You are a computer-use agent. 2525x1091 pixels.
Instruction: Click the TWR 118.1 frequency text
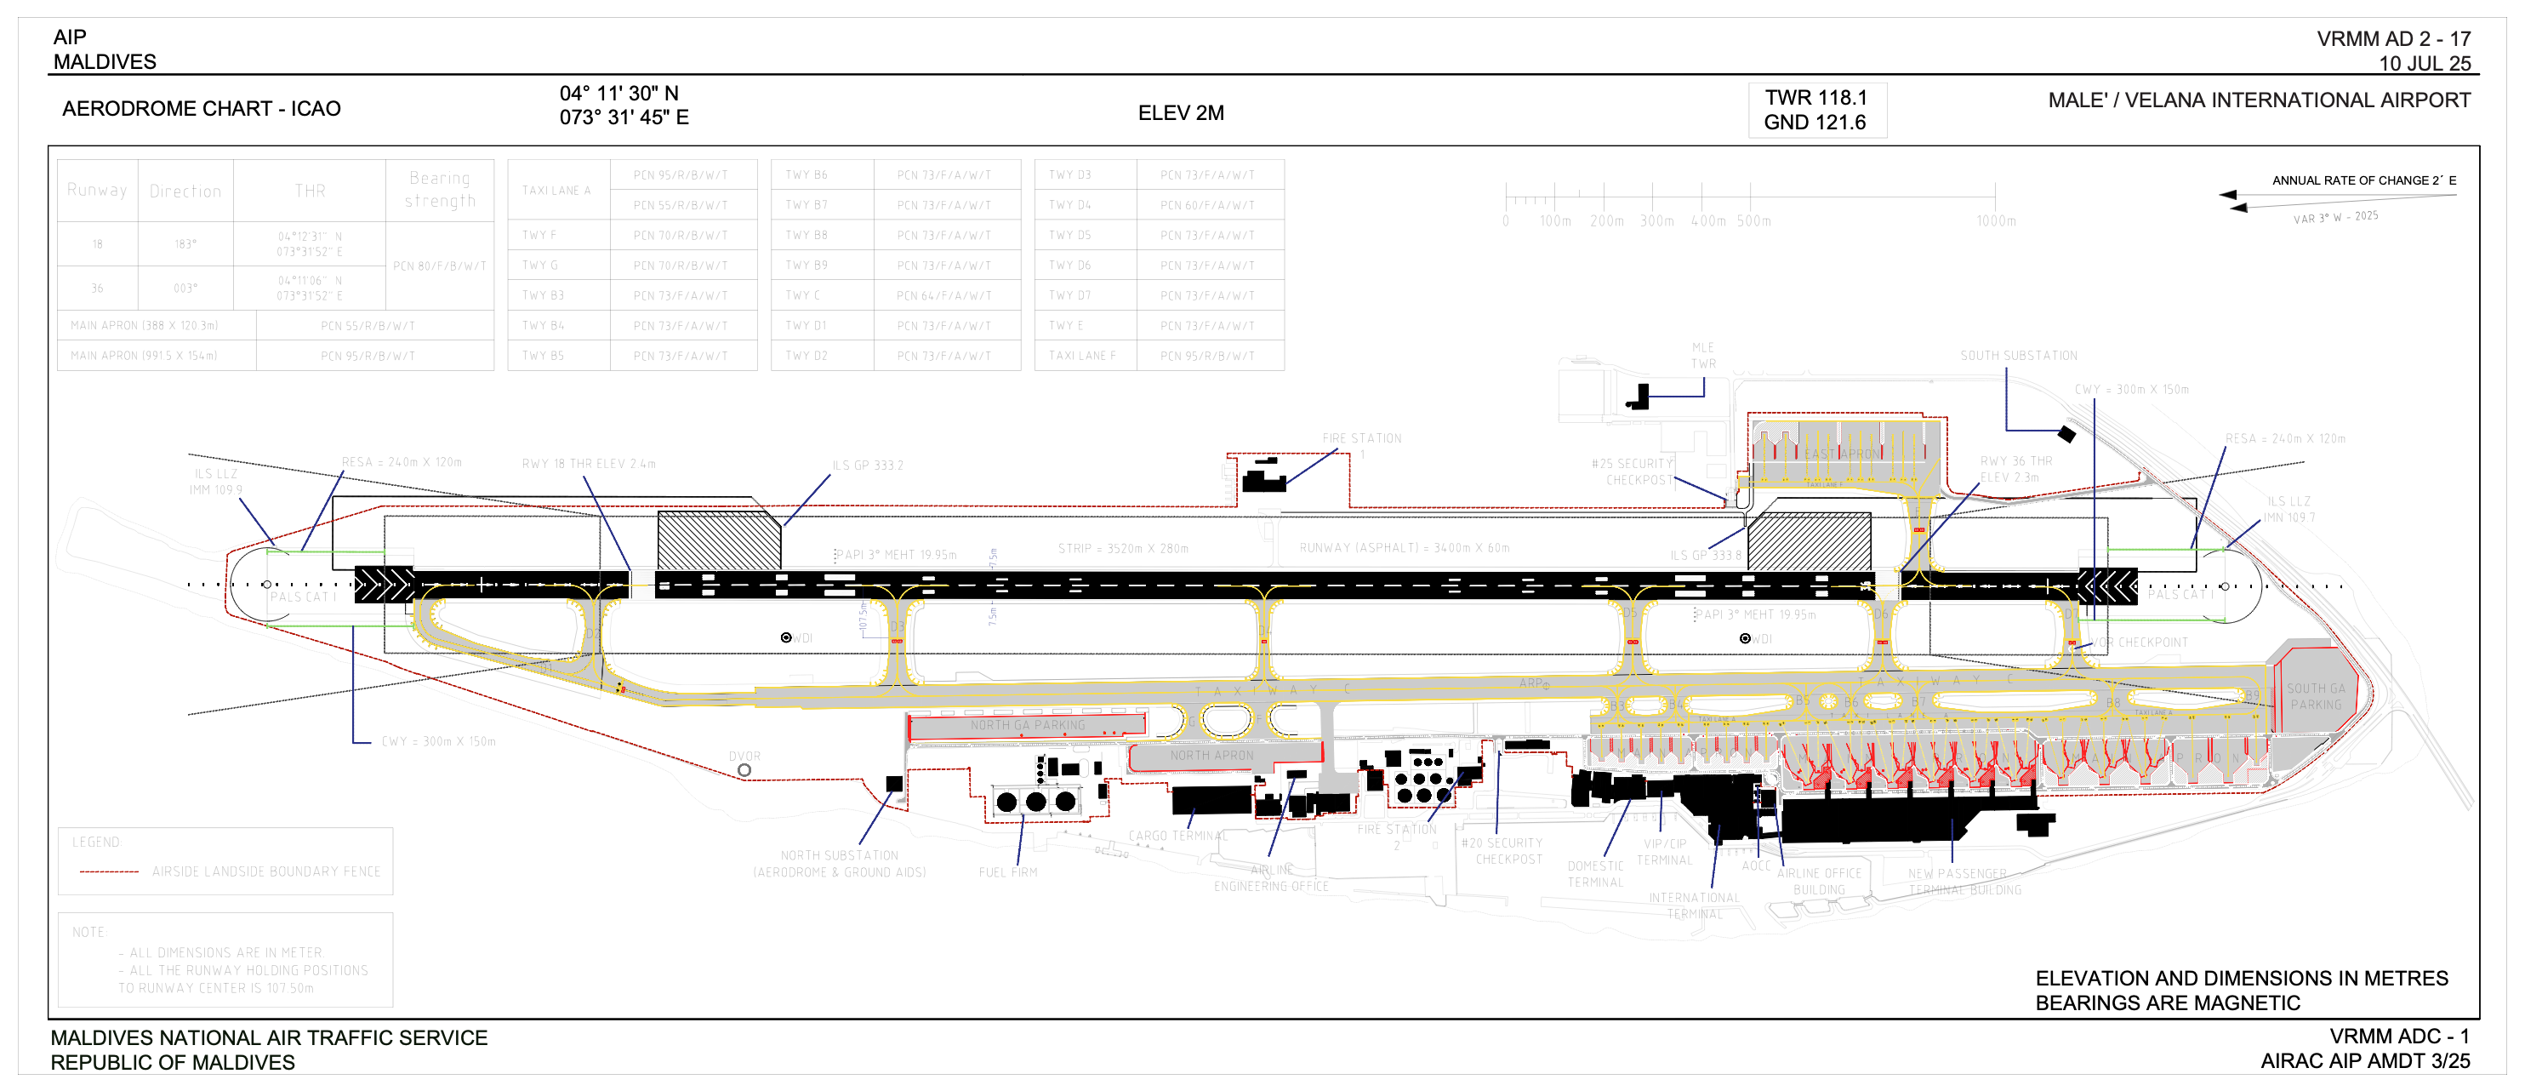click(1815, 98)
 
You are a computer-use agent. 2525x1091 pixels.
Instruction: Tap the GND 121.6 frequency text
click(1815, 123)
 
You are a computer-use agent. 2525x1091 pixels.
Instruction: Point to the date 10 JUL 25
click(2424, 64)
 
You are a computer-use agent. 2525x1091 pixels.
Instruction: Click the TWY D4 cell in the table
click(1069, 206)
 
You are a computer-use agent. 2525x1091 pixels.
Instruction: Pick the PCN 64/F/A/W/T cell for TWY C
click(943, 296)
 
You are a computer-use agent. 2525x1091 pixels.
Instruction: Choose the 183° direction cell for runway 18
click(185, 244)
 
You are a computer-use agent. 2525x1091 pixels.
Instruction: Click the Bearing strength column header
click(440, 190)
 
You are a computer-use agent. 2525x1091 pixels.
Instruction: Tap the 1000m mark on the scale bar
click(1996, 221)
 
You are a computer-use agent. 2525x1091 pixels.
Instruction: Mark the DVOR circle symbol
click(744, 770)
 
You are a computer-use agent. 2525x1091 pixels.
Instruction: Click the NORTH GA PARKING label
click(1027, 725)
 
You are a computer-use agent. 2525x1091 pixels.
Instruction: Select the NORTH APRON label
click(1211, 756)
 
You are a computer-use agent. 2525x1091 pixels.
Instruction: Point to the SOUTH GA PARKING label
click(2315, 697)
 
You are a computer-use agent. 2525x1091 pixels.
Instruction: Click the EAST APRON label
click(1842, 454)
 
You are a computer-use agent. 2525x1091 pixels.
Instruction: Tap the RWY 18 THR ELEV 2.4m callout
click(588, 464)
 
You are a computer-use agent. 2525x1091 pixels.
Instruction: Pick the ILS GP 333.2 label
click(868, 466)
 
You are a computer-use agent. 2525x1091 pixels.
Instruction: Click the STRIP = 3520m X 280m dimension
click(1122, 549)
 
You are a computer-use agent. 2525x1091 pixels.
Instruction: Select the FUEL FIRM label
click(1006, 872)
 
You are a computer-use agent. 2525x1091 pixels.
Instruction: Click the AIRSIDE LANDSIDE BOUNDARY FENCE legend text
click(265, 871)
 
